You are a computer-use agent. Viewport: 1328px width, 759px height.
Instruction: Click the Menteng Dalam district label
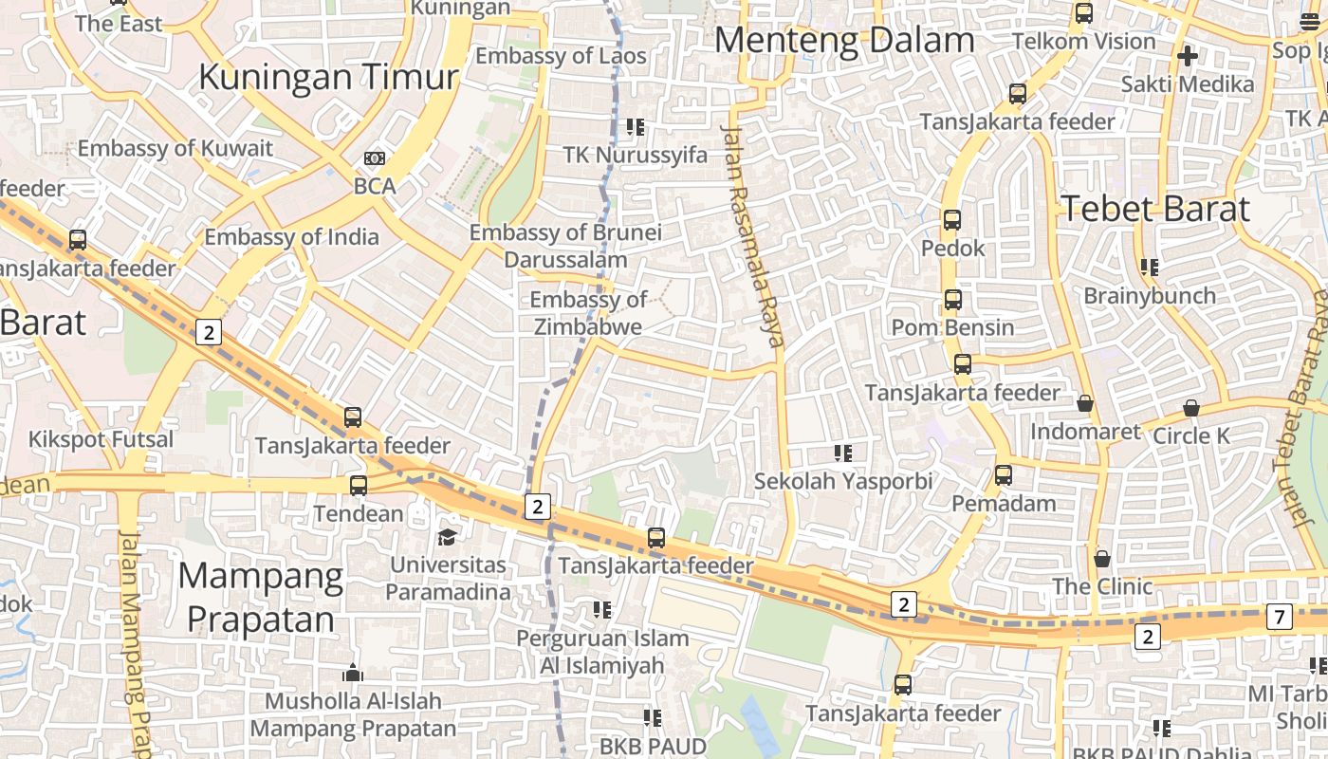coord(844,41)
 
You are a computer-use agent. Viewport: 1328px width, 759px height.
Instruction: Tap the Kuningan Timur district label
coord(328,77)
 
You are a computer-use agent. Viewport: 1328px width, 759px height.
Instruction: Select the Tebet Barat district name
coord(1155,209)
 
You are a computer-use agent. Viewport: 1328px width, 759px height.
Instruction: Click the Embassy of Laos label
coord(561,56)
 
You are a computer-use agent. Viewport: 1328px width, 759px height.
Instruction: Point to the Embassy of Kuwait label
coord(175,149)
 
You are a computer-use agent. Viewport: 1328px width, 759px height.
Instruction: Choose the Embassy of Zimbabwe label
coord(588,313)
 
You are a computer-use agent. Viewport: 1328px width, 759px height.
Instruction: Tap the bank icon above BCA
coord(375,157)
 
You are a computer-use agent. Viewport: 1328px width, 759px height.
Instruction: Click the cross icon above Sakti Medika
coord(1187,56)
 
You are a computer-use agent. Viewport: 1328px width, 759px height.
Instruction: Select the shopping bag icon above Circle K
coord(1191,408)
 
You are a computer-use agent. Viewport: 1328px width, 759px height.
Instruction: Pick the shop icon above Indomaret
coord(1085,404)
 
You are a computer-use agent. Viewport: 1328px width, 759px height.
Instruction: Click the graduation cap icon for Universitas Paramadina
coord(447,538)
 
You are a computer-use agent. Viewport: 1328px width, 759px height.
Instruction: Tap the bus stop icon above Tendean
coord(359,486)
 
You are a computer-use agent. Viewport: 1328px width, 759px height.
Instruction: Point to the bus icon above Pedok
coord(952,220)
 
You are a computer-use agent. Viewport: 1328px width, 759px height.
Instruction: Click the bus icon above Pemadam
coord(1004,475)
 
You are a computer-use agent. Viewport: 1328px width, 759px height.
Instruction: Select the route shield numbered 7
coord(1279,618)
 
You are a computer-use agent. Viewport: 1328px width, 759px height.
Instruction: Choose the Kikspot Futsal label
coord(101,439)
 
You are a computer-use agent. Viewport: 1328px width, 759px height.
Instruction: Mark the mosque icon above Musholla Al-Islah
coord(353,674)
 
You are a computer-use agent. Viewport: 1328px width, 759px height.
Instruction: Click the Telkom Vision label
coord(1084,42)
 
